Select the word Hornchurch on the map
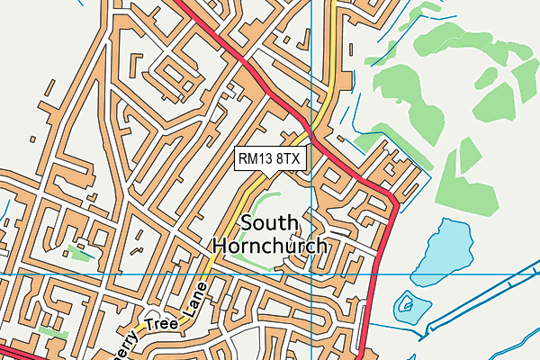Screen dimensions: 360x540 (x=270, y=245)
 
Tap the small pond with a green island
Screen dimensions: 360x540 (x=409, y=306)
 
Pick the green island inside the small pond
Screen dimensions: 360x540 (x=409, y=306)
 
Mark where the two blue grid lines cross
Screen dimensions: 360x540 (x=311, y=273)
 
